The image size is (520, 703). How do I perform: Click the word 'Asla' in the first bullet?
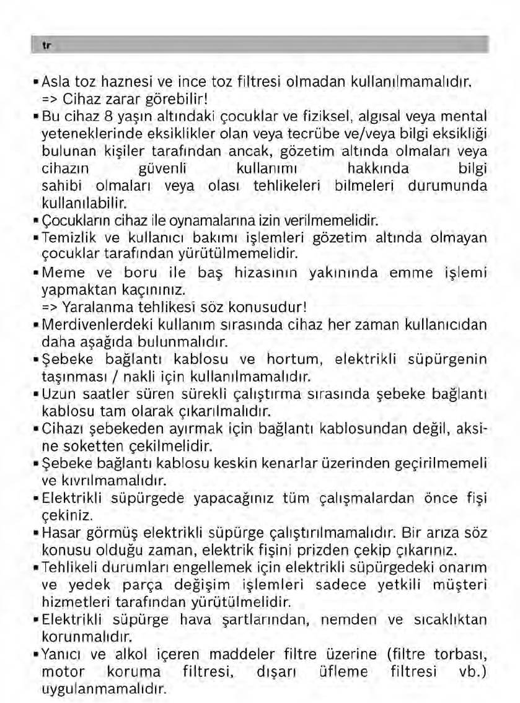tap(56, 81)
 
